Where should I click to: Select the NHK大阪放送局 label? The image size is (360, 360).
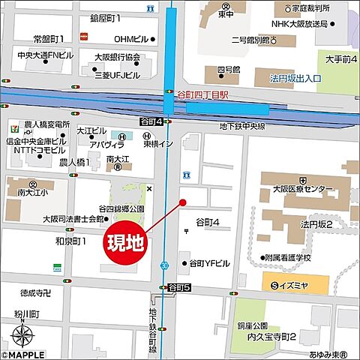[300, 23]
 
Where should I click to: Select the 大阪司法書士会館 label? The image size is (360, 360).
[73, 219]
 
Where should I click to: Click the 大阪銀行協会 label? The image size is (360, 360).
[117, 57]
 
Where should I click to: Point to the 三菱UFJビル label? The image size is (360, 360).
[117, 75]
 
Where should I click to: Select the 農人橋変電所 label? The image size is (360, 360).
[46, 124]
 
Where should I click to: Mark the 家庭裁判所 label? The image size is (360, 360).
[301, 9]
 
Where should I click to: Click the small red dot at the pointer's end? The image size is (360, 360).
[181, 202]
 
